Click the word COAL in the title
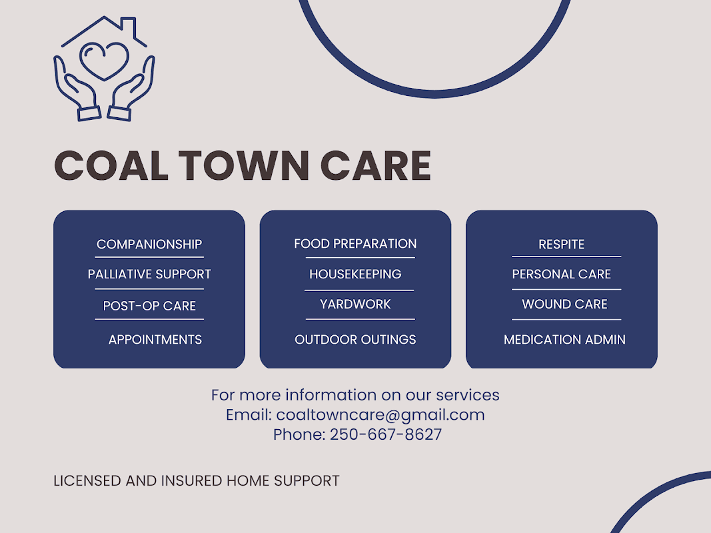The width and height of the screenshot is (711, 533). click(x=111, y=166)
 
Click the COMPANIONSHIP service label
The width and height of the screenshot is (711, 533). click(x=149, y=245)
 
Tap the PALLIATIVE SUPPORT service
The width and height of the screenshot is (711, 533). click(x=149, y=274)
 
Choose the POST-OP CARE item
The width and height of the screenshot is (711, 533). click(x=149, y=306)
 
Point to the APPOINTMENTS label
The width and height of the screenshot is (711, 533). click(x=155, y=340)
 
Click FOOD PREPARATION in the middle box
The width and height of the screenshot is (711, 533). click(x=355, y=244)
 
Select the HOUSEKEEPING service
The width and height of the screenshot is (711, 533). click(x=355, y=274)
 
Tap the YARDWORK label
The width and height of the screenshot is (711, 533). click(x=355, y=304)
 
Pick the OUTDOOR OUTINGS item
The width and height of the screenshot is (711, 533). click(x=355, y=340)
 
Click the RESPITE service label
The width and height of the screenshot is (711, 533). click(x=561, y=245)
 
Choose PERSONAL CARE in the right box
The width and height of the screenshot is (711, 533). click(x=561, y=274)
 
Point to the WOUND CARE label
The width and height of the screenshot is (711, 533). click(x=564, y=304)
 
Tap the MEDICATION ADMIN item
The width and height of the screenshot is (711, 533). click(x=564, y=340)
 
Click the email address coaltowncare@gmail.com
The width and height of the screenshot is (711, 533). click(x=380, y=415)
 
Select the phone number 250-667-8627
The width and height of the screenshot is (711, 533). click(x=386, y=435)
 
